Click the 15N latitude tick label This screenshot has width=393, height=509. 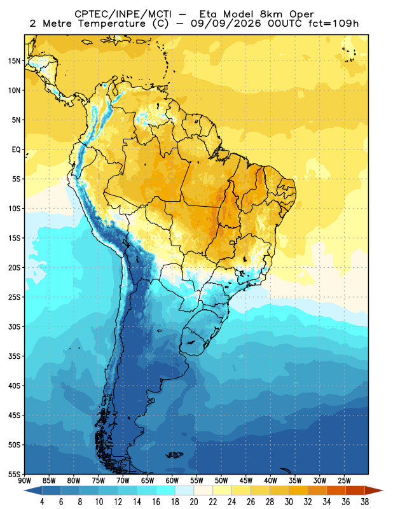14,61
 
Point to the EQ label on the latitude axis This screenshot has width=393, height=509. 17,150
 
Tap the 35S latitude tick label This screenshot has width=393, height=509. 14,356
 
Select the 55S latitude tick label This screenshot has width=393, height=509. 14,475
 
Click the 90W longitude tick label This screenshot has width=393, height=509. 25,480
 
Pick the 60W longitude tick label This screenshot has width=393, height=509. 172,480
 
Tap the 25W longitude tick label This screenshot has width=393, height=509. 344,480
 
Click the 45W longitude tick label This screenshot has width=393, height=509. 245,480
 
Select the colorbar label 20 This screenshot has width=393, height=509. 194,502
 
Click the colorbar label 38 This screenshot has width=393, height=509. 364,502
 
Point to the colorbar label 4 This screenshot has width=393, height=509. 42,502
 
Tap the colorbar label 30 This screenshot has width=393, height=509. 289,502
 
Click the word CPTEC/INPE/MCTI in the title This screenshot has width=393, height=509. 123,15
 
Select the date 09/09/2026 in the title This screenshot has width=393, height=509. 226,24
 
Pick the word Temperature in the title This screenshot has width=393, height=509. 112,24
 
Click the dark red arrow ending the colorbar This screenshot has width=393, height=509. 374,491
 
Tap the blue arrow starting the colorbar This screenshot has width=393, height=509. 33,491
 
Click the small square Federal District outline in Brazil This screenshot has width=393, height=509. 232,242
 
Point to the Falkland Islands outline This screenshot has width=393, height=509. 176,455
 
